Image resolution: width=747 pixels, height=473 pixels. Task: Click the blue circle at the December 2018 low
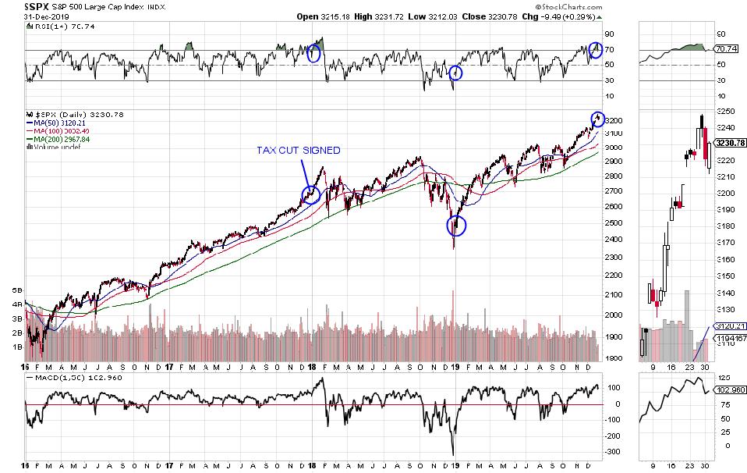[x=457, y=226]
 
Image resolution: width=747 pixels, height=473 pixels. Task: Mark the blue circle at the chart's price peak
[x=598, y=118]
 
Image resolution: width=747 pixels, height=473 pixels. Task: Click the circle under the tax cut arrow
[x=311, y=194]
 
